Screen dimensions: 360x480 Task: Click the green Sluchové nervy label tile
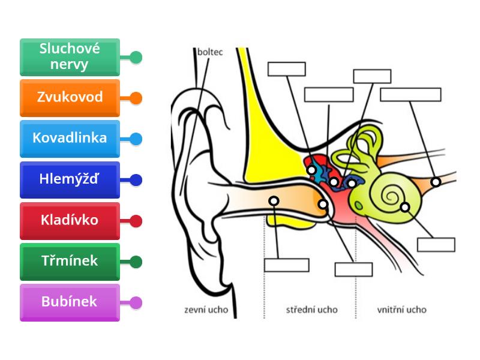click(x=70, y=57)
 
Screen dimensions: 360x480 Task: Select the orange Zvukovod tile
click(x=70, y=98)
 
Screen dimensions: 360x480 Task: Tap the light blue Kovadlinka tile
click(x=70, y=139)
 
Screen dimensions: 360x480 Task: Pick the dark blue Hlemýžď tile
click(x=70, y=179)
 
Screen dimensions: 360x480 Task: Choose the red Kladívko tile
click(x=70, y=220)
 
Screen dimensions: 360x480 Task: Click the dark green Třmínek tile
click(x=70, y=261)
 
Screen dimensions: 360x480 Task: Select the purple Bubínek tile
click(x=70, y=302)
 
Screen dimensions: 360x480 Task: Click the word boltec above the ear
click(x=210, y=52)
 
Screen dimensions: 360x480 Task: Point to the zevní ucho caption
click(x=205, y=310)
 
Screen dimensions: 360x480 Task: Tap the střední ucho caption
click(x=312, y=310)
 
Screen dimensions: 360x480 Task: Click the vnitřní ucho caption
click(x=402, y=310)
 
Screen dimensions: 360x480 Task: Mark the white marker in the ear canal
click(x=274, y=200)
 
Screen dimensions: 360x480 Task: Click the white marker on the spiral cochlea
click(x=405, y=207)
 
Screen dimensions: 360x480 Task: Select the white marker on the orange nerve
click(x=436, y=182)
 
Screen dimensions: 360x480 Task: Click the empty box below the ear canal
click(x=287, y=265)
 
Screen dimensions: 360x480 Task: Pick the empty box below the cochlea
click(x=436, y=245)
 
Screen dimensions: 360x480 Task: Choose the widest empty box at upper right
click(x=410, y=95)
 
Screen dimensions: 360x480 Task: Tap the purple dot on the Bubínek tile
click(x=136, y=302)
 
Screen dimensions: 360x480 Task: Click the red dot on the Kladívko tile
click(x=136, y=221)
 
